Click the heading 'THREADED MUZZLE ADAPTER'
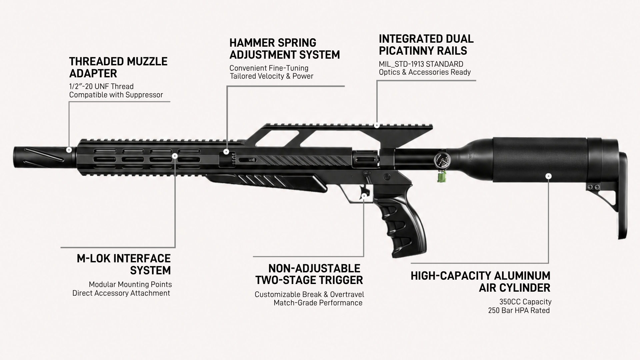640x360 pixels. click(x=118, y=67)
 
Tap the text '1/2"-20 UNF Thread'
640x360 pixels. click(x=101, y=87)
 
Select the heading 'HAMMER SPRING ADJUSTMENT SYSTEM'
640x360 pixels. click(x=285, y=49)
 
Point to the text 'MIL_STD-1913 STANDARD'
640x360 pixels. click(x=421, y=64)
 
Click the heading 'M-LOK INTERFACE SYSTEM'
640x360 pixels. click(x=124, y=264)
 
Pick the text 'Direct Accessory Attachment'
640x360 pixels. click(x=121, y=293)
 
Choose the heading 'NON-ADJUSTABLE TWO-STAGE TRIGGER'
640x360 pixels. click(x=309, y=274)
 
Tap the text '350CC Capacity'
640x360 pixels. click(x=525, y=302)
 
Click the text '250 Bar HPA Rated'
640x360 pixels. click(x=519, y=311)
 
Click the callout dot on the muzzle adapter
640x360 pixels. click(x=69, y=150)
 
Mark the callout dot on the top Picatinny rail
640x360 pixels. click(x=377, y=126)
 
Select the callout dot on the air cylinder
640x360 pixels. click(x=549, y=176)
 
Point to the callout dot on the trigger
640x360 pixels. click(x=364, y=196)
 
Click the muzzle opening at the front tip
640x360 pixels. click(x=15, y=157)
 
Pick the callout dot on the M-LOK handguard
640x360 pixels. click(x=175, y=156)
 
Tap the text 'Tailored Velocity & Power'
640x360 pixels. click(x=272, y=76)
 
